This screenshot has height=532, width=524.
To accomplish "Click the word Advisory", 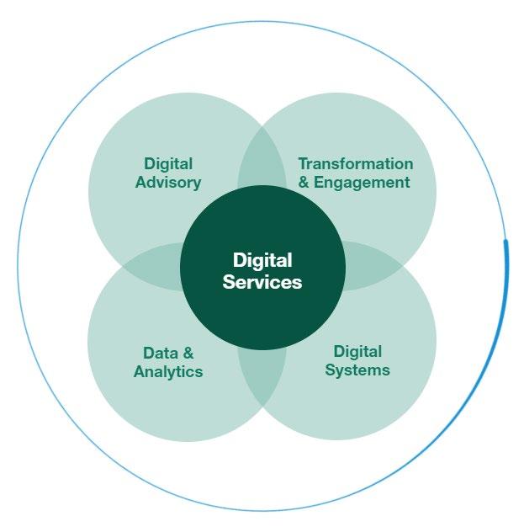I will pos(168,182).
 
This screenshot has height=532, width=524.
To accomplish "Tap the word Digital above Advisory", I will pos(168,163).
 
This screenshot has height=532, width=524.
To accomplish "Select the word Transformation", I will pos(356,163).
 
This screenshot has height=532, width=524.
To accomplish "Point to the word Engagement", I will pos(363,182).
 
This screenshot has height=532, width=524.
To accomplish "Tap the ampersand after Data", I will pos(188,353).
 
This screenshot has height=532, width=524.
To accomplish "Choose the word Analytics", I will pos(168,371).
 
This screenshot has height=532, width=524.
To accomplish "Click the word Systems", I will pos(357,370).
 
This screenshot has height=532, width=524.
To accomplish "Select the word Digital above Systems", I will pos(357,351).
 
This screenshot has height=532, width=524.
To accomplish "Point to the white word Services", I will pos(262,283).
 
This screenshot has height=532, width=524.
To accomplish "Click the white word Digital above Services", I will pos(262,260).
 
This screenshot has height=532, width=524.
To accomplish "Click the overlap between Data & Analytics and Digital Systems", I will pos(262,379).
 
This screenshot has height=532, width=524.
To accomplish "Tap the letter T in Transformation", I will pos(303,163).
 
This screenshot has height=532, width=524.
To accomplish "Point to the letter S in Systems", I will pos(330,370).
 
